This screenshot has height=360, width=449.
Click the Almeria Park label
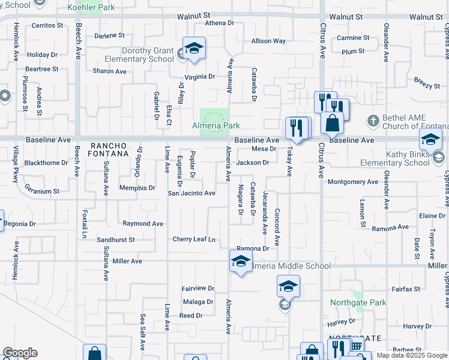tap(216, 126)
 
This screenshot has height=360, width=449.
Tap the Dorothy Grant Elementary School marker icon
tap(194, 48)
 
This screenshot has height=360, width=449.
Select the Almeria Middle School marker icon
tap(241, 262)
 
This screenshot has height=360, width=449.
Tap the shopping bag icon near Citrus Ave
tap(332, 123)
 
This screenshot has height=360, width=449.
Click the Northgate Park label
tap(358, 303)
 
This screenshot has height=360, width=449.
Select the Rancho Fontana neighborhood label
tap(109, 150)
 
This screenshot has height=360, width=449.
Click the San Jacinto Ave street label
tap(191, 193)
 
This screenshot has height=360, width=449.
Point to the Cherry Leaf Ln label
tap(194, 239)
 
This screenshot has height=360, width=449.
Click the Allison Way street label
tap(268, 41)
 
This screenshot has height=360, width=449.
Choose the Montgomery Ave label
tap(353, 182)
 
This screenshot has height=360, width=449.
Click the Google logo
tap(20, 353)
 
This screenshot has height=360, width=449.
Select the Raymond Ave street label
tap(143, 224)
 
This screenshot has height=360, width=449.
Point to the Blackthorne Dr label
tap(46, 163)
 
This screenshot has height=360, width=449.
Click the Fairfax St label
tap(406, 289)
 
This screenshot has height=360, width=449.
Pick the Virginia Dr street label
tap(199, 77)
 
